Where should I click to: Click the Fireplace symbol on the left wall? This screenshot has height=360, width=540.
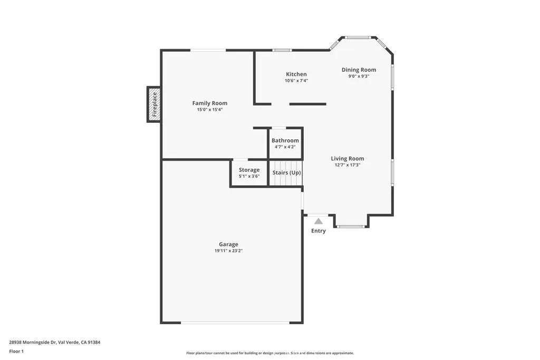154,104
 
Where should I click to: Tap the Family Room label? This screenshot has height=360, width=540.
209,103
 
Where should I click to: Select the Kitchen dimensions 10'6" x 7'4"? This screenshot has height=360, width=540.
296,81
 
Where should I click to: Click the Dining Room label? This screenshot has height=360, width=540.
359,70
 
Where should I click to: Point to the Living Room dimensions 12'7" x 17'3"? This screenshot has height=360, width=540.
348,165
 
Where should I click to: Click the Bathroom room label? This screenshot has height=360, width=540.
285,141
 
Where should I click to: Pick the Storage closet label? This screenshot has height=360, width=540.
249,170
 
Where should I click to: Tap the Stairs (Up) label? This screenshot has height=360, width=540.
286,172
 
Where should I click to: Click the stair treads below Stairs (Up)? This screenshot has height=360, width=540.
286,181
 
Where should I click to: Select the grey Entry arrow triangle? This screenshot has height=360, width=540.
319,221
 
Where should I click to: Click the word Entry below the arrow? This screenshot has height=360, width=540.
319,231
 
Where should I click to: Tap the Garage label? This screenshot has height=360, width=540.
228,244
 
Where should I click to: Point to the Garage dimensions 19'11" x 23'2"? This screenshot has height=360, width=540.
228,251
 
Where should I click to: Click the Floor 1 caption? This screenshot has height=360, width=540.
16,351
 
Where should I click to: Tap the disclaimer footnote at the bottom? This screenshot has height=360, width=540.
269,353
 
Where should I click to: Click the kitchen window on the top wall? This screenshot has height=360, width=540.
282,51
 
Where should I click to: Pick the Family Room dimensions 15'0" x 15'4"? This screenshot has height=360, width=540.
209,110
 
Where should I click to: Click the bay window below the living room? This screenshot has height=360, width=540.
351,227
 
